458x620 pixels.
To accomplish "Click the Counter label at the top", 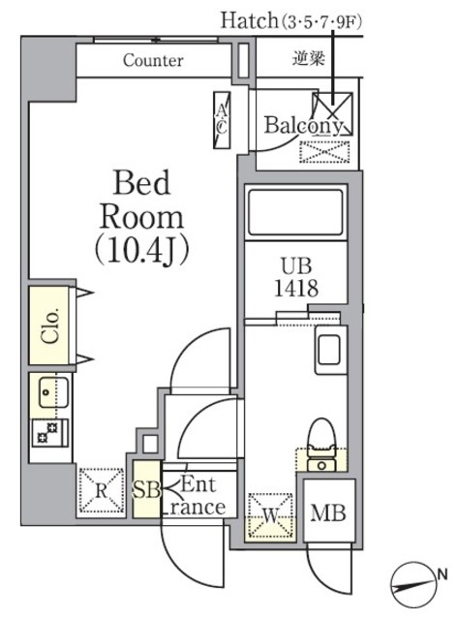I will [x=153, y=60].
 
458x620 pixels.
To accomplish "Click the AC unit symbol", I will [x=222, y=119].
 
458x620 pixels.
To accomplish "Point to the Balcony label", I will [x=303, y=125].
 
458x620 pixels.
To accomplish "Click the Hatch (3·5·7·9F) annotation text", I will [x=290, y=19].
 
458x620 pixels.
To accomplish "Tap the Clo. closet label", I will [x=49, y=325].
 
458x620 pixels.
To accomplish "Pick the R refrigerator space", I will [x=101, y=488].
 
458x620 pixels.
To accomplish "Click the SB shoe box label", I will [x=147, y=491].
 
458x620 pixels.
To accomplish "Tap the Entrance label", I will [x=198, y=495].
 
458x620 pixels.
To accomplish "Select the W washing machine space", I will [x=272, y=512].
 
